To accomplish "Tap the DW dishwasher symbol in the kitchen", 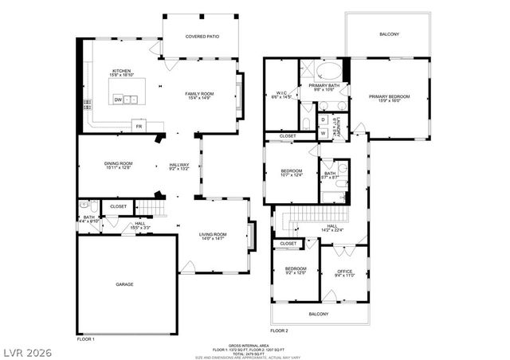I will point(118,100).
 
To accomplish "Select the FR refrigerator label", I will point(139,127).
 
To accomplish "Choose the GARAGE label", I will point(124,284).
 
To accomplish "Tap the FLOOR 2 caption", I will point(279,330).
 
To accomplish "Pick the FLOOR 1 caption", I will point(85,339).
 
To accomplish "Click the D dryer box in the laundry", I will point(323,119).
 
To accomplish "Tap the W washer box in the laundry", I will point(323,132).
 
